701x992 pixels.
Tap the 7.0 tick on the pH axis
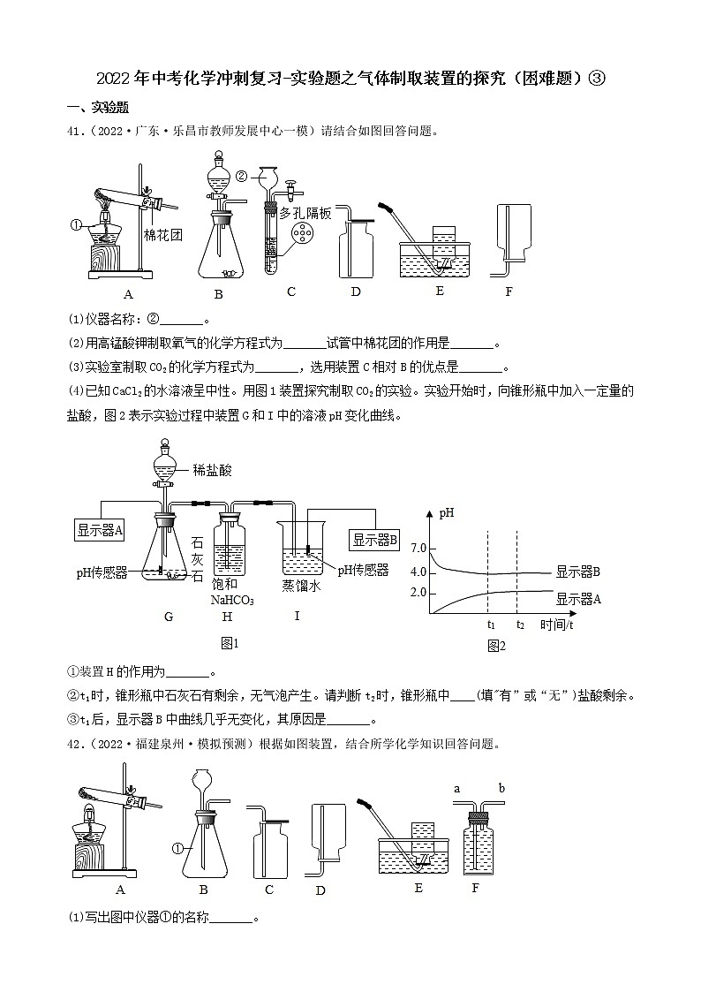point(418,549)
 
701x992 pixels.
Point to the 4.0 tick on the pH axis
point(418,572)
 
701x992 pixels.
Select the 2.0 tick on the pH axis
point(418,592)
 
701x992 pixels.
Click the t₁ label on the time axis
point(490,625)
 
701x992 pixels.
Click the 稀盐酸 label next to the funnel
point(212,471)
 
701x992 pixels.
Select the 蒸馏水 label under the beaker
point(298,584)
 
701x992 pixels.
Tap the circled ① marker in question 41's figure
point(76,224)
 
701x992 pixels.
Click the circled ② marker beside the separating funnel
point(240,176)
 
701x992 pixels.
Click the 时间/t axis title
point(556,625)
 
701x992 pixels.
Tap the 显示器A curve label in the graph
point(578,599)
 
